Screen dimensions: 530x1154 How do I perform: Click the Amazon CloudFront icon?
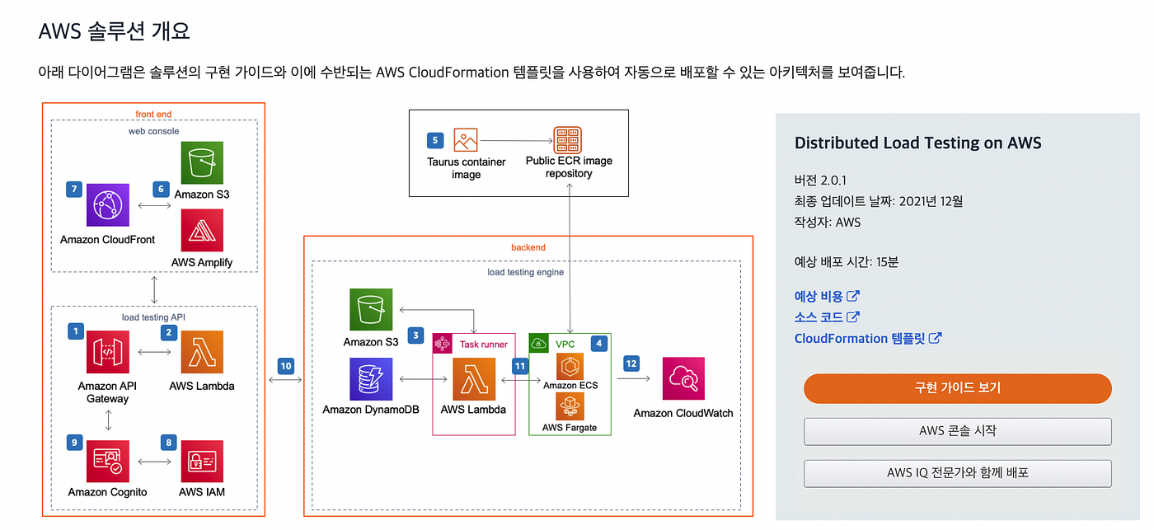tap(108, 204)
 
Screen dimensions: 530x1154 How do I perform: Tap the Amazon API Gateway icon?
tap(108, 353)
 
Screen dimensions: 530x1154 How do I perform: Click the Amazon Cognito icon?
tap(108, 462)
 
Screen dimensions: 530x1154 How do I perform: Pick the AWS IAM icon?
tap(202, 462)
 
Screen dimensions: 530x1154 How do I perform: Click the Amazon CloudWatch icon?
tap(683, 379)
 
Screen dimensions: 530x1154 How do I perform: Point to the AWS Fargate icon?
tap(570, 406)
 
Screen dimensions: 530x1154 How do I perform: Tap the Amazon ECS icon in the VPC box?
tap(570, 367)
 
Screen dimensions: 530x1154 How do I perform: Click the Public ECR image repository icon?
tap(568, 140)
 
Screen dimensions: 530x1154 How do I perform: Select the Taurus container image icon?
tap(466, 140)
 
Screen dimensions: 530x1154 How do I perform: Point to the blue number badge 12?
tap(631, 363)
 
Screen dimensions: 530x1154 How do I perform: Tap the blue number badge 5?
tap(435, 140)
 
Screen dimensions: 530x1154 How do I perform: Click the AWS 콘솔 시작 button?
tap(957, 431)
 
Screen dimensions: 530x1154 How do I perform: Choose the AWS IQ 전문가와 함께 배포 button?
tap(957, 473)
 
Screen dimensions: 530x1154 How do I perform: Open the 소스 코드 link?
tap(819, 317)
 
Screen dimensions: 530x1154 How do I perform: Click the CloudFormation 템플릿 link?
tap(861, 338)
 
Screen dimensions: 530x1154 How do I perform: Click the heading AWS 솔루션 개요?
tap(115, 31)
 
